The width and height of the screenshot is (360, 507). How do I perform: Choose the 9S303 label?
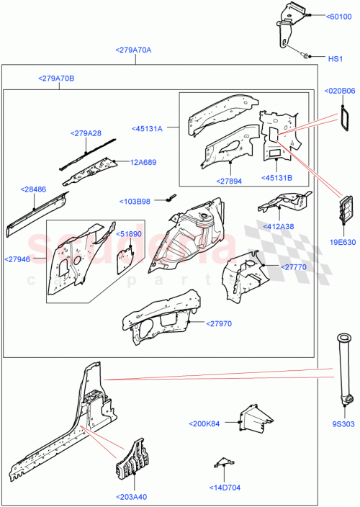[x=344, y=425]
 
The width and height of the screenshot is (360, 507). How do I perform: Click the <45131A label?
[x=148, y=129]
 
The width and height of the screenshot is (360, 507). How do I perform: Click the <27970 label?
[x=220, y=324]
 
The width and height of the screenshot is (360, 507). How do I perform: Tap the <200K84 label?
[x=207, y=423]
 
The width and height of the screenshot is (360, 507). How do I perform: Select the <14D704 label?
[x=228, y=486]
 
